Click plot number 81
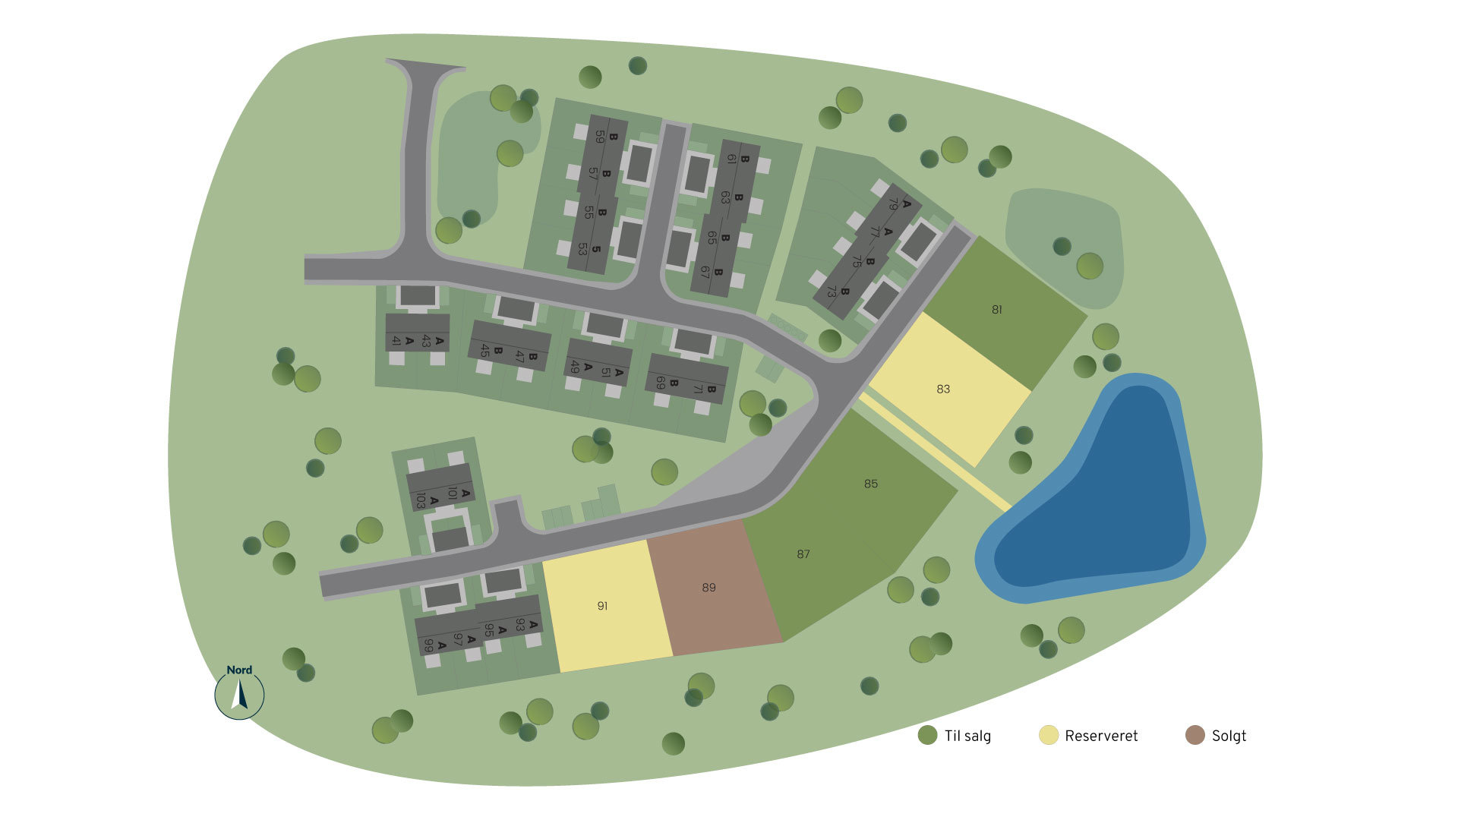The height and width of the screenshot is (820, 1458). pyautogui.click(x=996, y=310)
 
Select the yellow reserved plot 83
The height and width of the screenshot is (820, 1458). pyautogui.click(x=943, y=389)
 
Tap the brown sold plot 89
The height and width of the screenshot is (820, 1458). pyautogui.click(x=708, y=588)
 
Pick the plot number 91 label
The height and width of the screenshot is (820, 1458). pyautogui.click(x=602, y=606)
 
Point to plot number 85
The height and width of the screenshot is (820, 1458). pyautogui.click(x=870, y=484)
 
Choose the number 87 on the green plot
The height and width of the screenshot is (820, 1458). pyautogui.click(x=803, y=554)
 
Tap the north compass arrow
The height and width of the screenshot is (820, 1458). pyautogui.click(x=240, y=695)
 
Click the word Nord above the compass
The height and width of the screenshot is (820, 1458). pyautogui.click(x=239, y=670)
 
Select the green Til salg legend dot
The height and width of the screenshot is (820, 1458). pyautogui.click(x=927, y=735)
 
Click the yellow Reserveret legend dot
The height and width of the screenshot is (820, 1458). pyautogui.click(x=1048, y=735)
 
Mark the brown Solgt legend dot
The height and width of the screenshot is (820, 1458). pyautogui.click(x=1194, y=735)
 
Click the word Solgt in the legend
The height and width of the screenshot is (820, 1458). pyautogui.click(x=1229, y=736)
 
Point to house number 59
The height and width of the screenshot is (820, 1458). pyautogui.click(x=600, y=137)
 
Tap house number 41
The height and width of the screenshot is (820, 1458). pyautogui.click(x=396, y=341)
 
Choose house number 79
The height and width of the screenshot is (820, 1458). pyautogui.click(x=894, y=206)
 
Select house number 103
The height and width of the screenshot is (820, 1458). pyautogui.click(x=420, y=500)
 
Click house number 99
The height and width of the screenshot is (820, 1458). pyautogui.click(x=429, y=645)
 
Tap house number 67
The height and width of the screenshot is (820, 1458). pyautogui.click(x=705, y=272)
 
